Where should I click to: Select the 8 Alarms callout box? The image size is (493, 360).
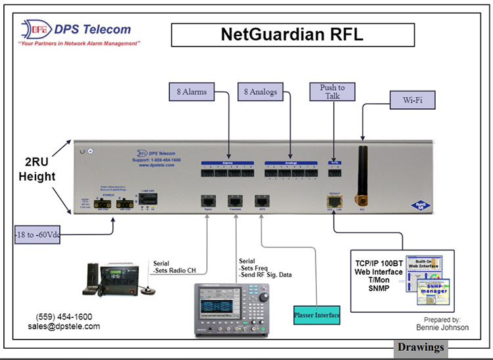pyautogui.click(x=187, y=92)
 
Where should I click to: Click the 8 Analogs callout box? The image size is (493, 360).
pyautogui.click(x=261, y=92)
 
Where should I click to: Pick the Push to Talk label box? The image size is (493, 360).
pyautogui.click(x=332, y=92)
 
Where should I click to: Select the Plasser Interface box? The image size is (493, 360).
pyautogui.click(x=317, y=315)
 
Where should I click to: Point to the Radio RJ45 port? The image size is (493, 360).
pyautogui.click(x=208, y=200)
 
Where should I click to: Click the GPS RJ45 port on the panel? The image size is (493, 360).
pyautogui.click(x=260, y=200)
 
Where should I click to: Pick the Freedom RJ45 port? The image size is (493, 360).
pyautogui.click(x=234, y=200)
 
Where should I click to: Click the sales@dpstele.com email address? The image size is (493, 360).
pyautogui.click(x=64, y=326)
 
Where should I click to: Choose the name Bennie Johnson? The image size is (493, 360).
pyautogui.click(x=442, y=326)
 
